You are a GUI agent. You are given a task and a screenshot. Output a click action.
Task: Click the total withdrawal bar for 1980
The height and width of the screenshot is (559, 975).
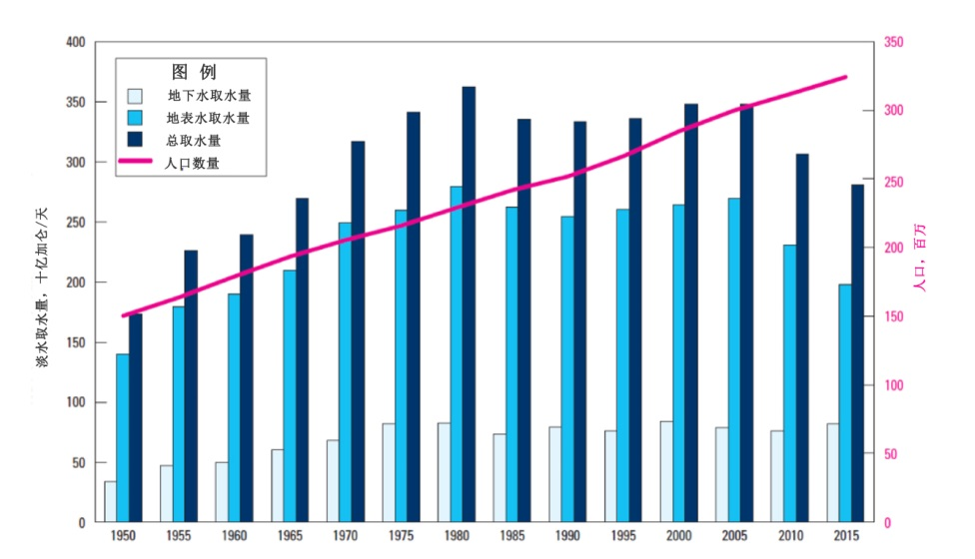(469, 304)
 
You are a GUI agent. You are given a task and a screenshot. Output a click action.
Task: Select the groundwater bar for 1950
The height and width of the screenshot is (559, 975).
(110, 502)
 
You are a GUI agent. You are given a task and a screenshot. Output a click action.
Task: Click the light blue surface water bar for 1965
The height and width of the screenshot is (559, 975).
(290, 396)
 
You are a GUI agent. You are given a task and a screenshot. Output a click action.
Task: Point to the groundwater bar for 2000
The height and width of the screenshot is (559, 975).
(666, 471)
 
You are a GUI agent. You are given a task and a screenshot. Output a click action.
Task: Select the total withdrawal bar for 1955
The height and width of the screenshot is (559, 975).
(191, 386)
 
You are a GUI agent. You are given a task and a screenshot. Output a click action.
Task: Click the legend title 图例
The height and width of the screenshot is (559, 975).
(194, 72)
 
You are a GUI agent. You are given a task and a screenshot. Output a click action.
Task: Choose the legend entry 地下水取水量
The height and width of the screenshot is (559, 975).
(209, 97)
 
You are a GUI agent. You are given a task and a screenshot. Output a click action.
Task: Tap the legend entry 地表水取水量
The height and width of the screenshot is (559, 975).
(209, 118)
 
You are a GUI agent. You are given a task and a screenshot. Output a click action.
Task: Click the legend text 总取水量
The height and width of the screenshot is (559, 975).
(194, 140)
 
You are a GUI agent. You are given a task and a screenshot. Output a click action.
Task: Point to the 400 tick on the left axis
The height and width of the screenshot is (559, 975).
(76, 43)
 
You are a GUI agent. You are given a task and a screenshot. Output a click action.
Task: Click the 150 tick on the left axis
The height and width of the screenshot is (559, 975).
(76, 342)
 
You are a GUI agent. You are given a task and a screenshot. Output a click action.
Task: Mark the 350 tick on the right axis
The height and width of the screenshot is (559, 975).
(893, 43)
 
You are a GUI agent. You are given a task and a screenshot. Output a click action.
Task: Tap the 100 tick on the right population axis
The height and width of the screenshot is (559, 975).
(893, 385)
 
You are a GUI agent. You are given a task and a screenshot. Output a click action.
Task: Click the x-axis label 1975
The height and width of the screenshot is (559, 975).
(402, 537)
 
